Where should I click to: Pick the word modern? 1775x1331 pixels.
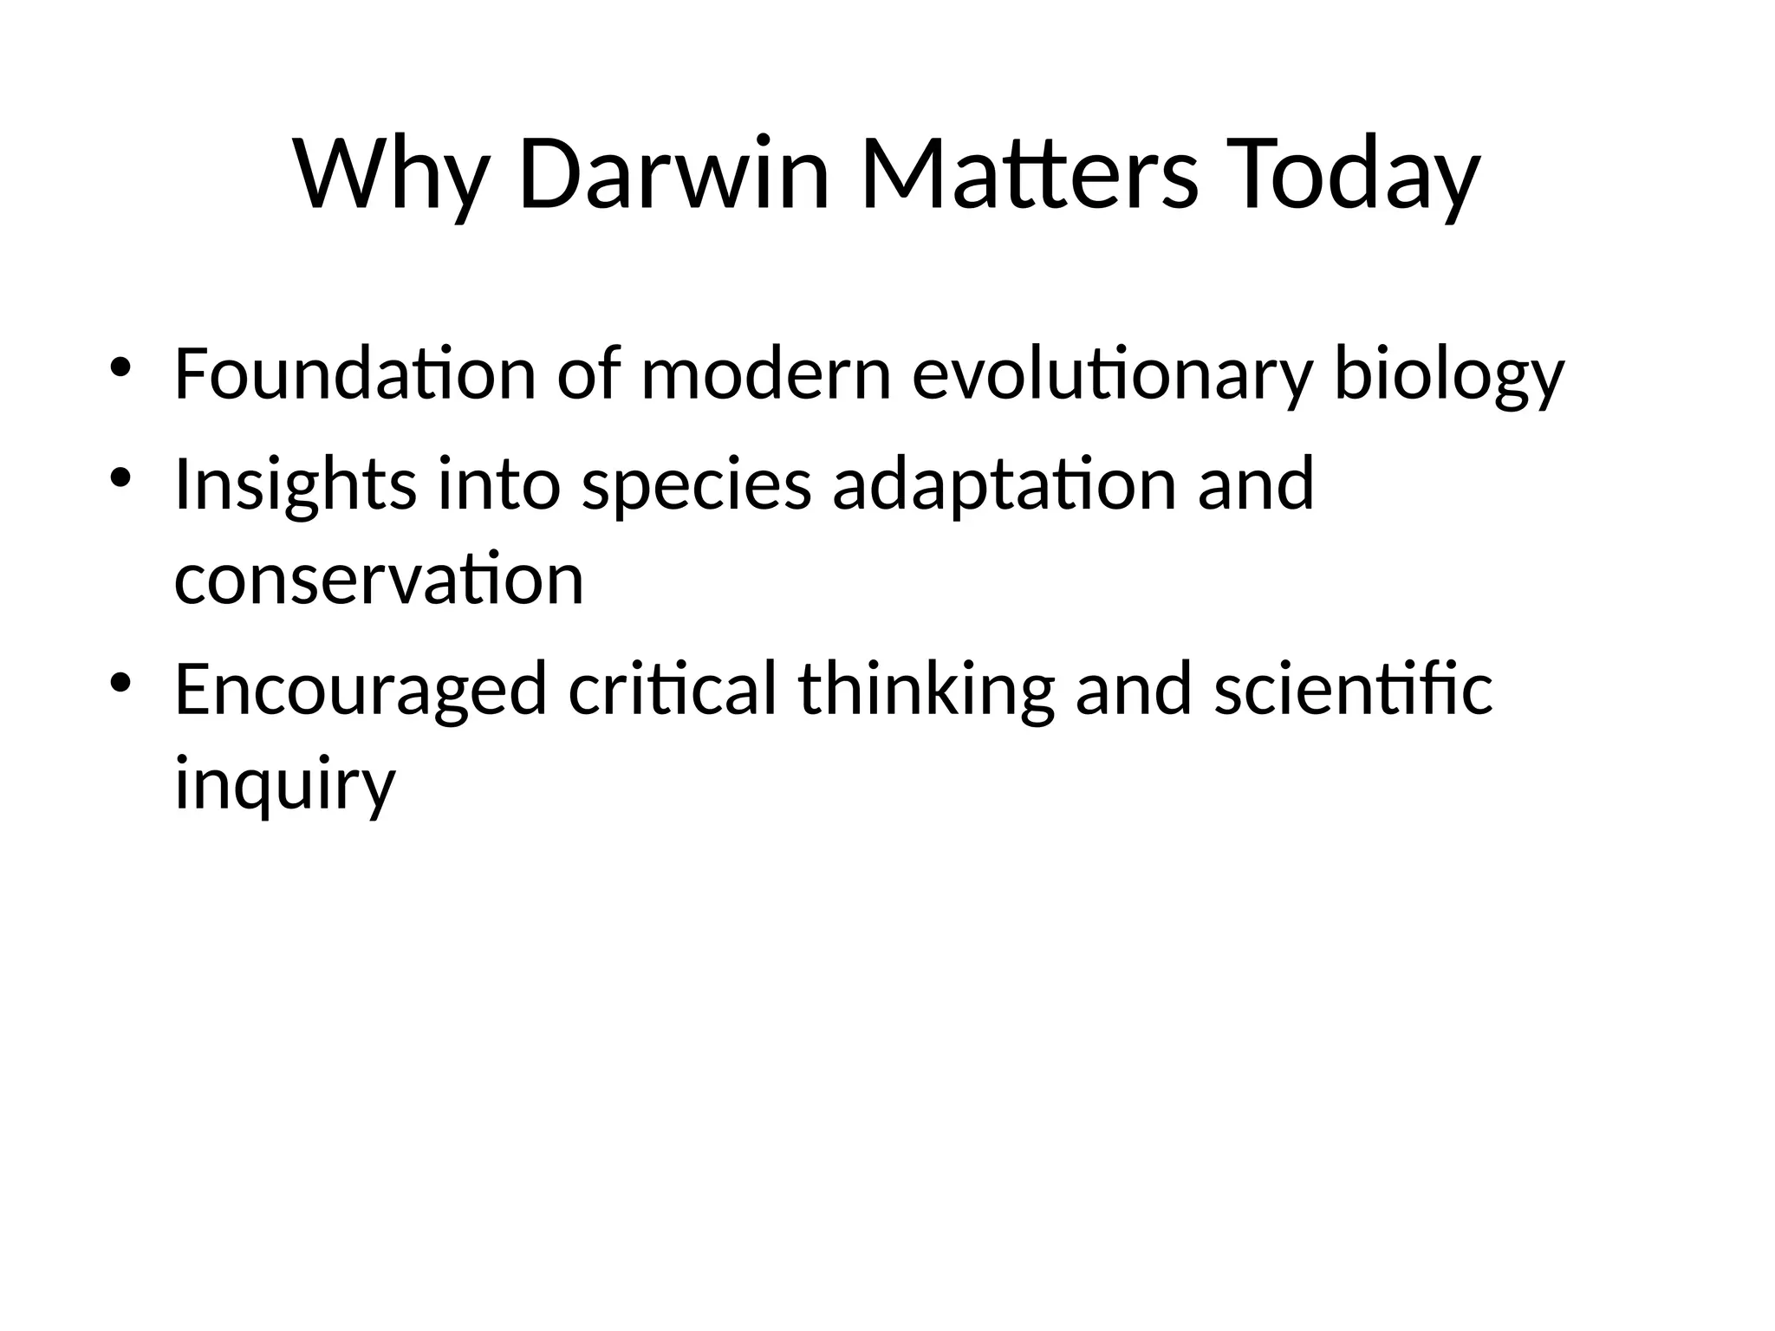pyautogui.click(x=766, y=374)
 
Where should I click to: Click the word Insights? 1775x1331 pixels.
pyautogui.click(x=296, y=486)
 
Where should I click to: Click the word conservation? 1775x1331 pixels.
pyautogui.click(x=379, y=580)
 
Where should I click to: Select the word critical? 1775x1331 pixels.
pyautogui.click(x=673, y=690)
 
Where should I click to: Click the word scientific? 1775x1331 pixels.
pyautogui.click(x=1353, y=690)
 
